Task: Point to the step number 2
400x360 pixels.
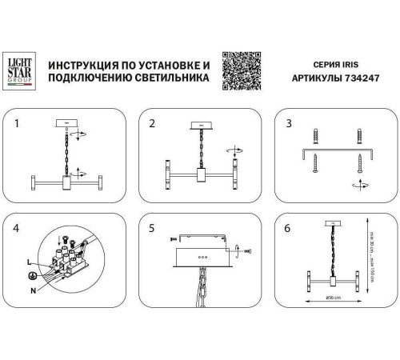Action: click(150, 124)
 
